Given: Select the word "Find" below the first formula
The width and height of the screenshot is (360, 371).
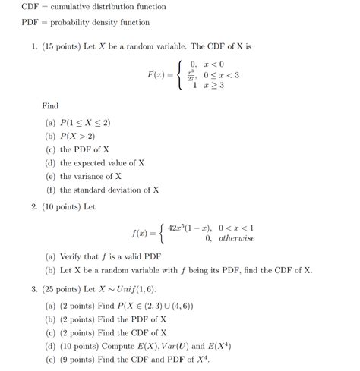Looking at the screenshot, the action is tap(50, 107).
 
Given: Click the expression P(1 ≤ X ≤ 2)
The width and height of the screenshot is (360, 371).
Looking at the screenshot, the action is tap(87, 123).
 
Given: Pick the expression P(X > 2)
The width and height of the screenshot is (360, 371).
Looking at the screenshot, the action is tap(81, 137).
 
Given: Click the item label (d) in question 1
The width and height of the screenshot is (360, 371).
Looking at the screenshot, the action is tap(50, 163).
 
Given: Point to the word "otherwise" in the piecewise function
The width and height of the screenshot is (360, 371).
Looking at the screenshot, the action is tap(236, 238).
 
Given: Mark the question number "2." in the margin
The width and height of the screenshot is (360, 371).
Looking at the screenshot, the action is tap(35, 206).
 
